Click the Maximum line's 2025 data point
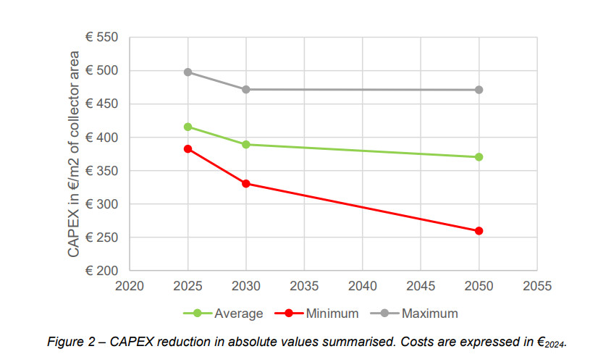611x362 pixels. (x=188, y=72)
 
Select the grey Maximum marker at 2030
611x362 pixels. (x=246, y=90)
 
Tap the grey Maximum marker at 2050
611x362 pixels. (x=479, y=90)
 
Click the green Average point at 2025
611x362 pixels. (x=188, y=127)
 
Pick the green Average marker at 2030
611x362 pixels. (x=246, y=145)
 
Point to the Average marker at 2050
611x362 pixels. (x=479, y=157)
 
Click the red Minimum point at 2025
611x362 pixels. (x=188, y=149)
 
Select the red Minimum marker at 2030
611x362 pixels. (x=246, y=184)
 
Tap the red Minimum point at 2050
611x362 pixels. (x=479, y=231)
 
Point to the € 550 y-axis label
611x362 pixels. (x=102, y=38)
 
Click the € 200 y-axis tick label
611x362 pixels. (x=102, y=271)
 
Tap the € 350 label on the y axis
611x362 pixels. (x=102, y=171)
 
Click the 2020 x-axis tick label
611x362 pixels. (x=130, y=286)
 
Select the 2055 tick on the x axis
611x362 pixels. (x=536, y=286)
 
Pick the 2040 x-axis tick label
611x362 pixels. (x=362, y=286)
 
